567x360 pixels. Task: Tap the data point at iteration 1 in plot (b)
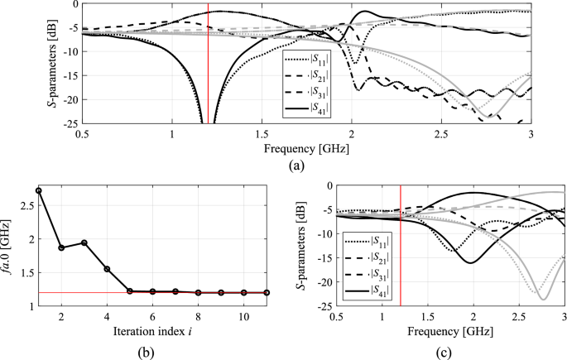click(x=38, y=190)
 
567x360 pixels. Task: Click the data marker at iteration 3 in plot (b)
click(x=84, y=242)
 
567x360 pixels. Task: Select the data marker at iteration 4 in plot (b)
click(x=107, y=269)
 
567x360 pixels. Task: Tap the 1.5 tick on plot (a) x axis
click(x=262, y=133)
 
